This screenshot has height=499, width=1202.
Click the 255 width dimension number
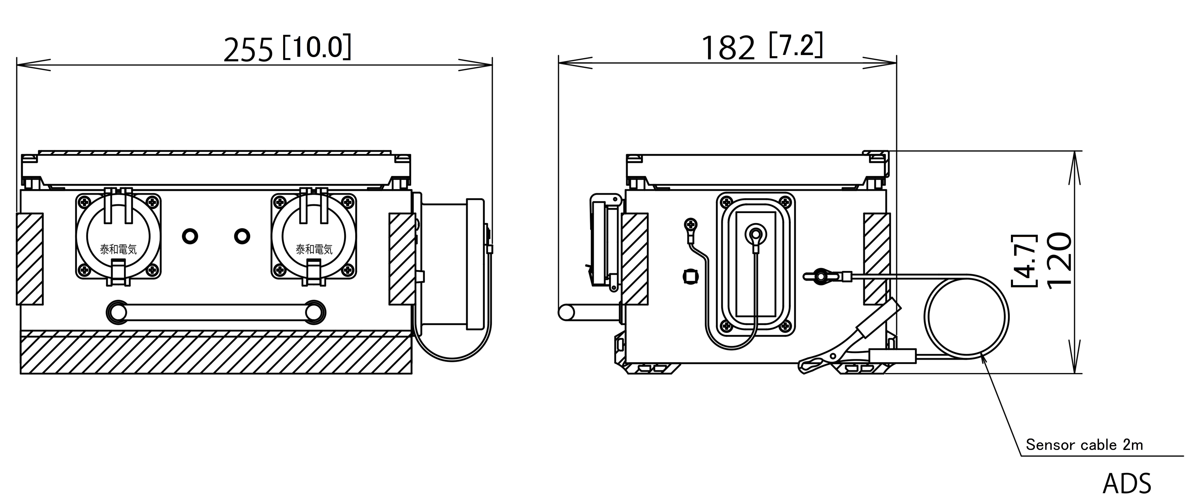[x=248, y=50]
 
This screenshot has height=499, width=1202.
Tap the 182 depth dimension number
[x=728, y=48]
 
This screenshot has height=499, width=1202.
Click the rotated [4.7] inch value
[x=1025, y=260]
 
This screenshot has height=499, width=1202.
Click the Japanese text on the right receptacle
[x=314, y=250]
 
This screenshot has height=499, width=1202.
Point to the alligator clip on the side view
[x=849, y=338]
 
